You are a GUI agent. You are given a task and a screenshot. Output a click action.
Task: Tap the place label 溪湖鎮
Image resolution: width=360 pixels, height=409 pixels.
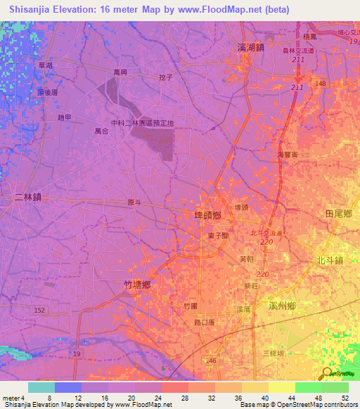tap(251, 47)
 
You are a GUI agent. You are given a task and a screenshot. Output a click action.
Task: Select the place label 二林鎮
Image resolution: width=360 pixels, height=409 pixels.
tap(28, 197)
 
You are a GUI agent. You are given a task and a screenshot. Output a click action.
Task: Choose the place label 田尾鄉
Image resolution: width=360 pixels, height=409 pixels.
tap(338, 213)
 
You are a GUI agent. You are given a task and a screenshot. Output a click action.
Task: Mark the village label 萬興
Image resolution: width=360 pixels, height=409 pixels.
tap(122, 72)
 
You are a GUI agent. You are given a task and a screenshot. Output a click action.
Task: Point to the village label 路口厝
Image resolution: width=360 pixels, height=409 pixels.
tap(205, 323)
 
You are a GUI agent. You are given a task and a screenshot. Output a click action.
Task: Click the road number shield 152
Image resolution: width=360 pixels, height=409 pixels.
tap(39, 310)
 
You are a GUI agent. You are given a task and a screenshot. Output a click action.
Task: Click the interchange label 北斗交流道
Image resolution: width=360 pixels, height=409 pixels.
tap(266, 233)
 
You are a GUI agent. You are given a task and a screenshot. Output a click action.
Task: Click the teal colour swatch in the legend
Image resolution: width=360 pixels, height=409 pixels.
tap(41, 387)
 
